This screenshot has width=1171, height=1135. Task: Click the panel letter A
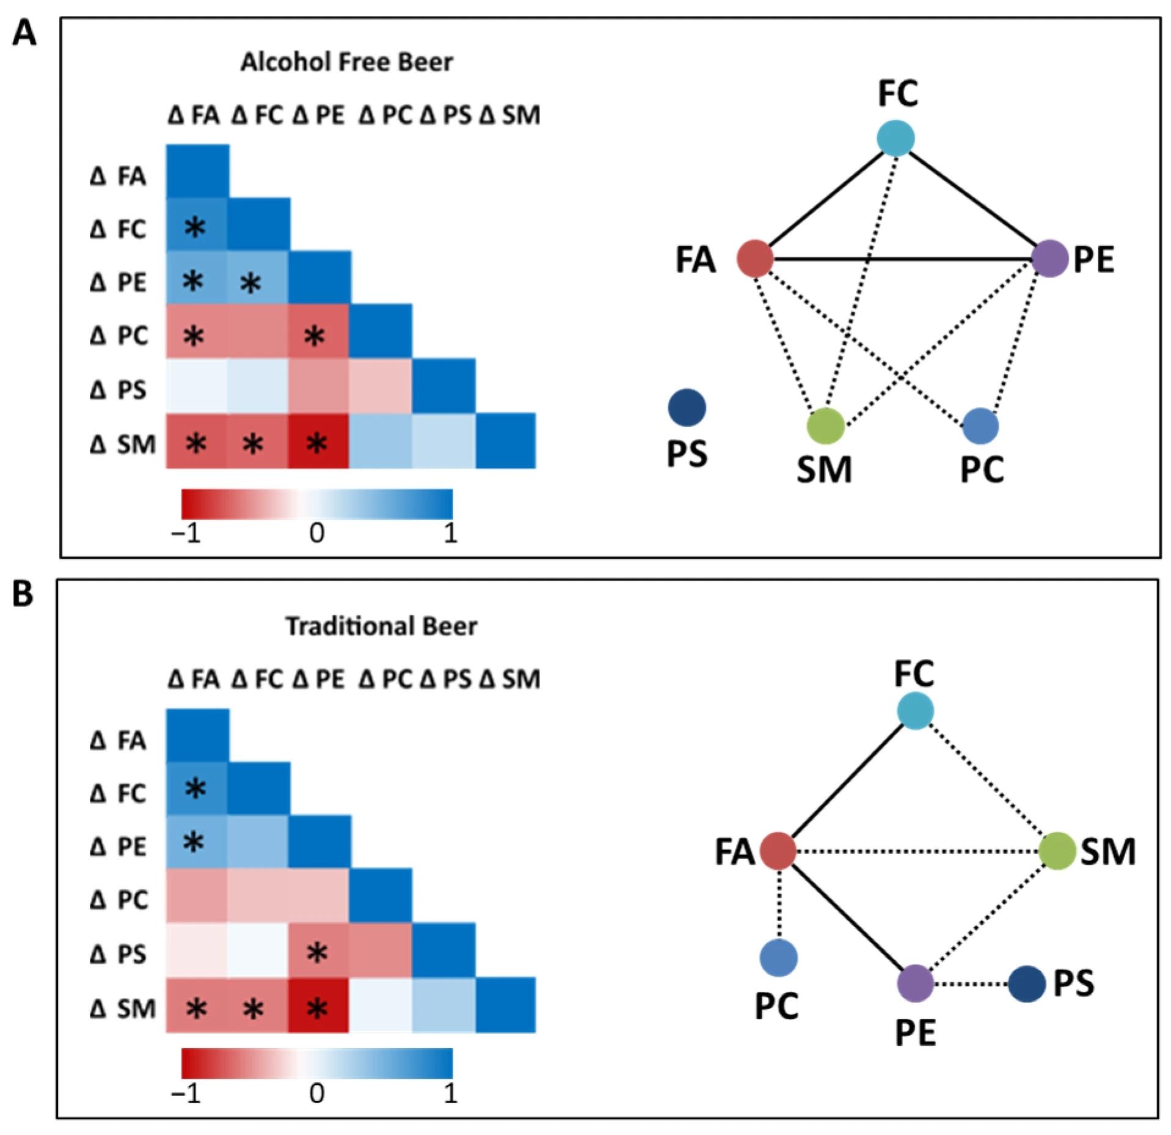click(24, 34)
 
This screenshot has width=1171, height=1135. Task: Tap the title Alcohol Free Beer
click(346, 62)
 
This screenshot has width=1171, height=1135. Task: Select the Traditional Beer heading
click(381, 626)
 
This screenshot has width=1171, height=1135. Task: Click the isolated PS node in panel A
click(687, 408)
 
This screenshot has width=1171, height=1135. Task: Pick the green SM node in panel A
click(826, 426)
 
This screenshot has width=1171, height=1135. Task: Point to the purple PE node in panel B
click(915, 983)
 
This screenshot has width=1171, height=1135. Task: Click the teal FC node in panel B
click(915, 711)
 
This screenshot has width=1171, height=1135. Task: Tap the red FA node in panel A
click(756, 259)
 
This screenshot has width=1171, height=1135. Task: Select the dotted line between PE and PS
click(971, 984)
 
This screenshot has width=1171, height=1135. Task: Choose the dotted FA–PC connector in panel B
click(779, 904)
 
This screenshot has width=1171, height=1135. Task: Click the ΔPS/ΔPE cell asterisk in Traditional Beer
click(317, 952)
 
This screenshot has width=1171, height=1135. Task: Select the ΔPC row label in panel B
click(119, 900)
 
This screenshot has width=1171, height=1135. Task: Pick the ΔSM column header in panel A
click(509, 116)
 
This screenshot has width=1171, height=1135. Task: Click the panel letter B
click(23, 594)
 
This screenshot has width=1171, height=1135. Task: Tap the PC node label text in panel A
click(982, 469)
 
